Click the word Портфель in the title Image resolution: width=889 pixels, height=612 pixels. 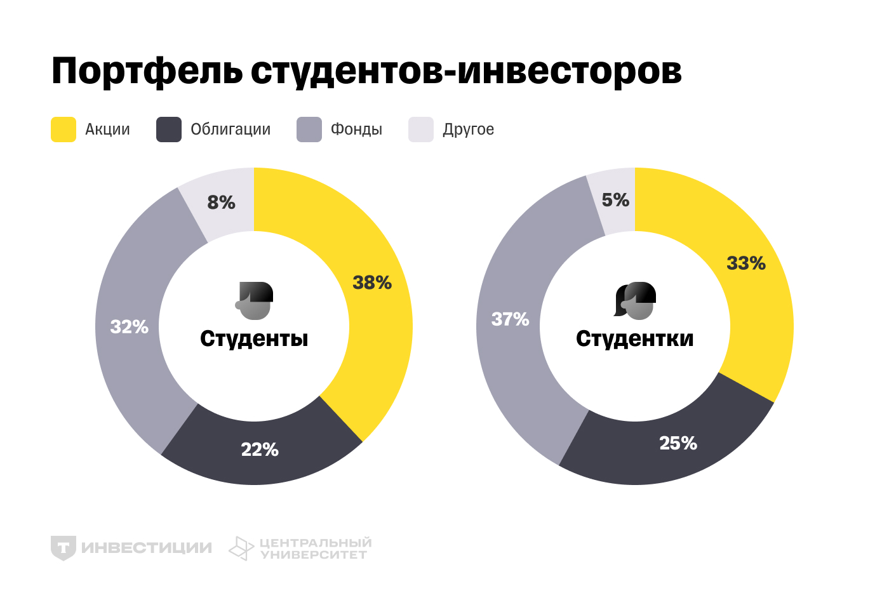pos(147,71)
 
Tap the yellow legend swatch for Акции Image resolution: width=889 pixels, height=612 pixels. pos(63,130)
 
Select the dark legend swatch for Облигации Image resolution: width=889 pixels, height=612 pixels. pos(169,130)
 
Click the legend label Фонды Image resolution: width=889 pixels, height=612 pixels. pos(356,130)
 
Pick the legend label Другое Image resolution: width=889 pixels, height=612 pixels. pos(468,130)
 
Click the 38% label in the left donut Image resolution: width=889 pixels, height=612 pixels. pos(372,283)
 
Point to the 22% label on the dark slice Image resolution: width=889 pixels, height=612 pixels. pos(260,449)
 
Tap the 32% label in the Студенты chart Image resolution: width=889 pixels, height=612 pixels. pos(130,327)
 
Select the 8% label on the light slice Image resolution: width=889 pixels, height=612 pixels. pos(221,203)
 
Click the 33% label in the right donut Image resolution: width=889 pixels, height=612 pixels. pos(746,263)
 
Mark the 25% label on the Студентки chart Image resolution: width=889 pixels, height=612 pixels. pos(678,443)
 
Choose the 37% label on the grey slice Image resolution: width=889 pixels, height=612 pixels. pos(511,319)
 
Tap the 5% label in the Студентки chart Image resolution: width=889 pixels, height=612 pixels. pos(615,200)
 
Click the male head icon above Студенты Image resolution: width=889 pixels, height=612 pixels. pos(255,301)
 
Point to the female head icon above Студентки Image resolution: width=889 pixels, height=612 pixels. pos(635,301)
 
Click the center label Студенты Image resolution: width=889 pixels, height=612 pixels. pos(254,339)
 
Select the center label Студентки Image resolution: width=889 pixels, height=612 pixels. pos(635,339)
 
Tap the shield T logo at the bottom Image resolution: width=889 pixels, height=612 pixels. pos(63,548)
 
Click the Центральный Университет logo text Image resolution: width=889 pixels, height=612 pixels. pos(315,549)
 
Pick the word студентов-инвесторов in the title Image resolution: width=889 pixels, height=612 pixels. pos(466,71)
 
